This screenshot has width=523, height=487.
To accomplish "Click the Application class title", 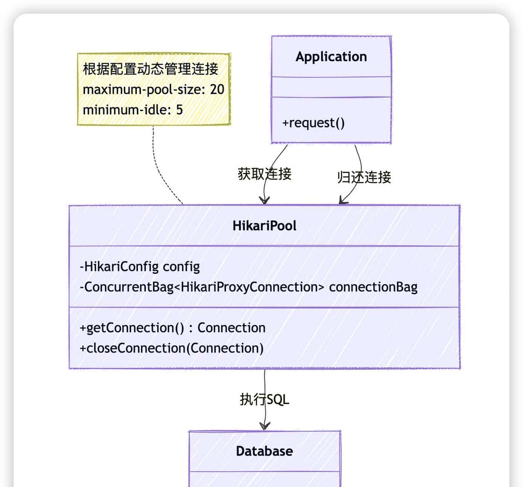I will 331,56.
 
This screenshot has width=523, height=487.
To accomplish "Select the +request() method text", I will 313,123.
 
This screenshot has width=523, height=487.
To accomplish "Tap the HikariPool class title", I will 264,226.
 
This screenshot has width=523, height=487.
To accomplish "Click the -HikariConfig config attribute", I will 140,266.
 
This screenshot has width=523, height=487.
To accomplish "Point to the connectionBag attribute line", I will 248,287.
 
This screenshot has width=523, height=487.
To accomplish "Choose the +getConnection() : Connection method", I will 172,328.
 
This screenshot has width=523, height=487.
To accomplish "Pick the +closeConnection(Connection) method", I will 172,348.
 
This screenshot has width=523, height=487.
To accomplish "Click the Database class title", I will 264,451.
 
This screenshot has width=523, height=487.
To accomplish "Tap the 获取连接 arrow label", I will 264,174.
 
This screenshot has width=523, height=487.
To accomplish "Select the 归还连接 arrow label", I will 364,177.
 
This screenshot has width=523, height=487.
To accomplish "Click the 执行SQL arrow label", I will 264,399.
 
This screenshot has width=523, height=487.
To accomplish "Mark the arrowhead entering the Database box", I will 265,427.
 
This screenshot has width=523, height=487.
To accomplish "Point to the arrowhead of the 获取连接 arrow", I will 264,200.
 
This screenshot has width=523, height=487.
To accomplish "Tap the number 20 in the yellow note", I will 217,89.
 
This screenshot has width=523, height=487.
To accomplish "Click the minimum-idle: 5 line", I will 133,109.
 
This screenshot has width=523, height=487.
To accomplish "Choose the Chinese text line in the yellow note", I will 150,69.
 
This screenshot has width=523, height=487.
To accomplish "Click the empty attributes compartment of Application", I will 331,87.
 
